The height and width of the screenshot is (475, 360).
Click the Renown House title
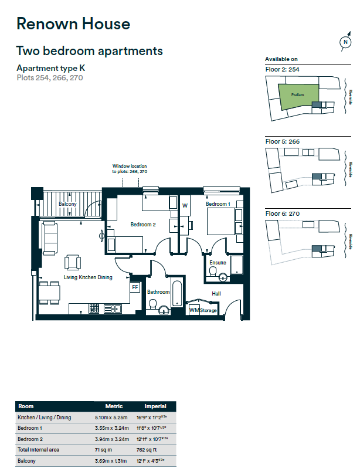pos(73,24)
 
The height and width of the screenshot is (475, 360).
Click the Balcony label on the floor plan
pos(68,204)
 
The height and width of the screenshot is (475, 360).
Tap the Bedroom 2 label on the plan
pos(142,225)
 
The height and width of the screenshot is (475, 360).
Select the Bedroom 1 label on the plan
pos(218,204)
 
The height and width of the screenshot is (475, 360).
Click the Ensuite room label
pos(218,263)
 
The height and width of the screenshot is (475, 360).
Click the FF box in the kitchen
pos(135,287)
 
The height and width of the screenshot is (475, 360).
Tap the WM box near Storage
pos(193,310)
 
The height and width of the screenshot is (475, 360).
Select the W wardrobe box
pos(185,206)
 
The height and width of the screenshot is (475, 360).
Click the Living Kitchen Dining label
pos(88,277)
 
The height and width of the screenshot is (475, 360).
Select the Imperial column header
pos(155,406)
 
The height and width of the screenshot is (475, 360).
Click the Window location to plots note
pos(130,169)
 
